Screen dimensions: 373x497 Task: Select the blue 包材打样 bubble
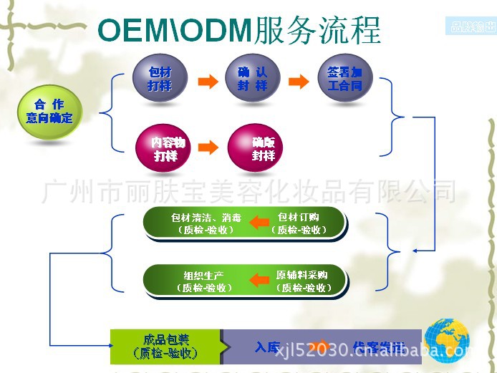tap(160, 79)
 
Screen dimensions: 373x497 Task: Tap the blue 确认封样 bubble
tap(251, 79)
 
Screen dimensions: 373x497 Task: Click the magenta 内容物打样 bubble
tap(163, 149)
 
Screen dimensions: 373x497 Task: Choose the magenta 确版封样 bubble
tap(256, 148)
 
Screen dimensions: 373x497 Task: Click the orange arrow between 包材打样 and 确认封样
tap(207, 80)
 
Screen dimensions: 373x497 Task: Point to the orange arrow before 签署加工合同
tap(299, 80)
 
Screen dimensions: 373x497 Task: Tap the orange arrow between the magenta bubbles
tap(208, 148)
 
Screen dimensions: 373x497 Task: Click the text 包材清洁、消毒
tap(206, 217)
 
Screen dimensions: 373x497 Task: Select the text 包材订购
tap(299, 217)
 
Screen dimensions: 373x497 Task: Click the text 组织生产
tap(204, 275)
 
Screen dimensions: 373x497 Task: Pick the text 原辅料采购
tap(302, 275)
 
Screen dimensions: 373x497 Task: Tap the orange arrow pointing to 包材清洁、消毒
tap(259, 223)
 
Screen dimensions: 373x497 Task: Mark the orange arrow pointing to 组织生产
tap(259, 280)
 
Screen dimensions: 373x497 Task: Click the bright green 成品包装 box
tap(165, 347)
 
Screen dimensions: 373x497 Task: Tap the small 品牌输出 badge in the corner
tap(469, 28)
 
